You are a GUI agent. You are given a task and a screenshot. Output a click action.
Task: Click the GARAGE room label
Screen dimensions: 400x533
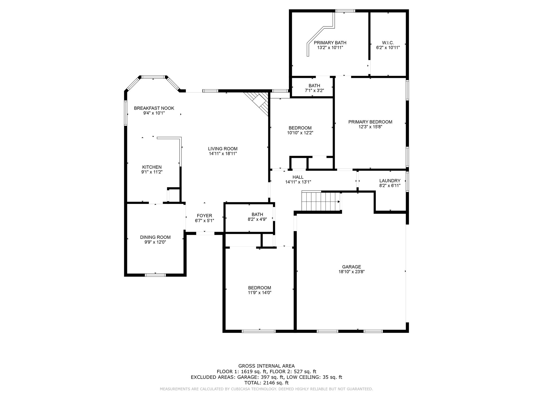[x=351, y=267]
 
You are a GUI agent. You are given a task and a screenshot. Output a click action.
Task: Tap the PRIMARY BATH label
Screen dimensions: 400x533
[x=330, y=43]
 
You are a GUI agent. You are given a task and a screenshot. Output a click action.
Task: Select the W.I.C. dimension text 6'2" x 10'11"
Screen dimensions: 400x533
[x=388, y=48]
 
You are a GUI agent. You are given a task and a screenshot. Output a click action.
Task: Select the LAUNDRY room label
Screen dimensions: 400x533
[x=390, y=181]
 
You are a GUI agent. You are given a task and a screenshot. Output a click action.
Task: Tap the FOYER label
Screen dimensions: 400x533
[x=204, y=216]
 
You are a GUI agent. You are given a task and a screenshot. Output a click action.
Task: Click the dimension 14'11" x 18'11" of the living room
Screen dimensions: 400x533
[x=223, y=154]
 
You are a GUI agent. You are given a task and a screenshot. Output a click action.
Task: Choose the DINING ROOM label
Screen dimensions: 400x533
[x=155, y=237]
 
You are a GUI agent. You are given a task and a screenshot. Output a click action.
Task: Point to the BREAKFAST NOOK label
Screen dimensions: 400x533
[x=154, y=108]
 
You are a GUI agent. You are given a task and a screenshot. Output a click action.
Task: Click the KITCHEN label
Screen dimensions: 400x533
[x=152, y=167]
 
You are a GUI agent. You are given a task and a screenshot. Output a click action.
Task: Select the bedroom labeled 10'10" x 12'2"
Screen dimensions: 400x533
[x=300, y=130]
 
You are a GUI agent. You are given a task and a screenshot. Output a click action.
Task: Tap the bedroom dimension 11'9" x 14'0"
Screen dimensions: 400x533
[x=259, y=292]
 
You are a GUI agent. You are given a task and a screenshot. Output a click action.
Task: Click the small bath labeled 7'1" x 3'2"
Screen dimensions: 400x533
[x=314, y=88]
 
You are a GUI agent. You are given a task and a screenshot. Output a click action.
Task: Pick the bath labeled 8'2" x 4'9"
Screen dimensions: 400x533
[x=257, y=217]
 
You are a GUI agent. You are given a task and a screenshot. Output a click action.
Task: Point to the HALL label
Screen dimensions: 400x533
[x=298, y=177]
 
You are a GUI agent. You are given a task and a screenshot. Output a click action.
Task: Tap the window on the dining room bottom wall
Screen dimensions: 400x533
[x=155, y=275]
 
